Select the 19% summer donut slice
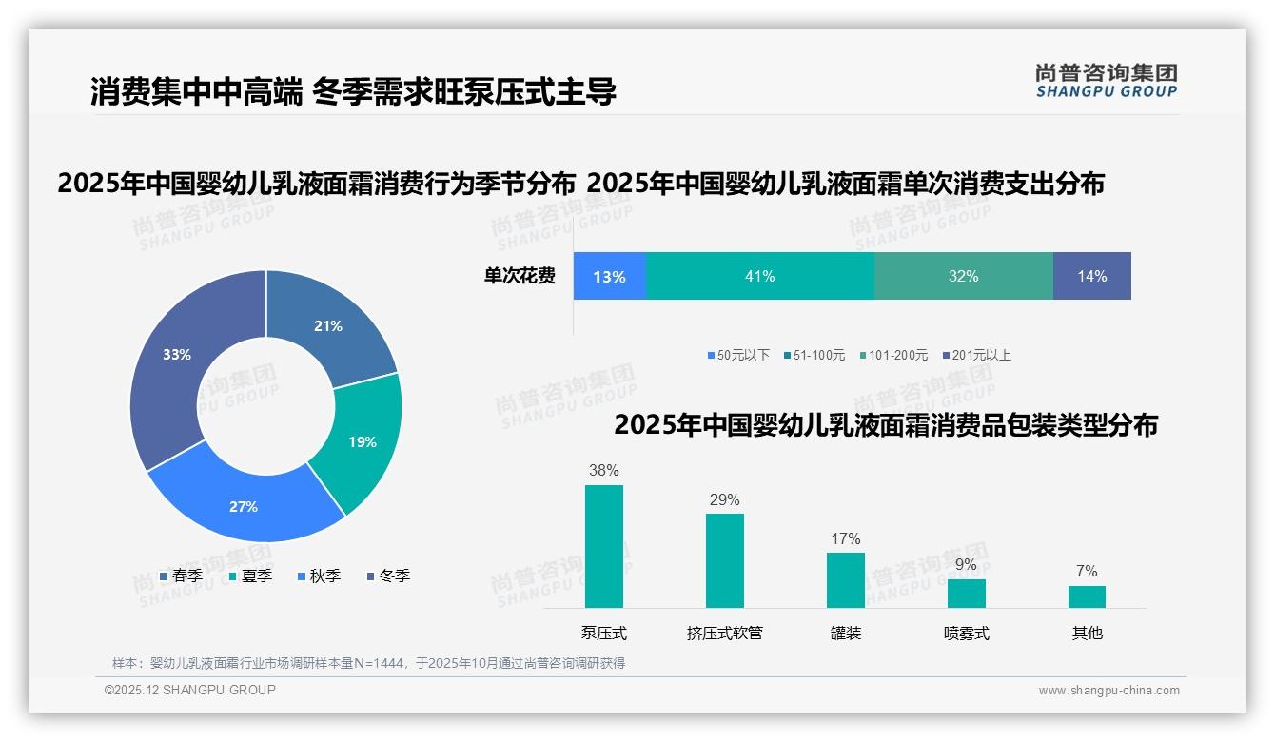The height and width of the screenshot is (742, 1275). [363, 441]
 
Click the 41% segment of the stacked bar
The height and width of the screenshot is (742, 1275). [759, 276]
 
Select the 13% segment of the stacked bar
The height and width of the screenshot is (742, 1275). [609, 276]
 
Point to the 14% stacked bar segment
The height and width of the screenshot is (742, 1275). [1091, 276]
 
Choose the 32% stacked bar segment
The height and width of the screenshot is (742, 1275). [963, 276]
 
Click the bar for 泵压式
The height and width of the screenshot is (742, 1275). [603, 546]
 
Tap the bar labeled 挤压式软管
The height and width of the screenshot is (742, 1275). [724, 560]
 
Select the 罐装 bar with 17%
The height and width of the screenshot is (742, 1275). [845, 579]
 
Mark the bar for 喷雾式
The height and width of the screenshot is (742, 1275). [966, 593]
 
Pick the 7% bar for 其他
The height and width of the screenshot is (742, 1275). [1087, 596]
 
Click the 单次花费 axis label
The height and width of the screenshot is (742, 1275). [520, 276]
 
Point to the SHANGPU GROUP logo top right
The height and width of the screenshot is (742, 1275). [1106, 81]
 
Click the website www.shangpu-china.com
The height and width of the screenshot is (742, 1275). [1108, 691]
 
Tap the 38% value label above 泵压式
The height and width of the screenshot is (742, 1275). [603, 470]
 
